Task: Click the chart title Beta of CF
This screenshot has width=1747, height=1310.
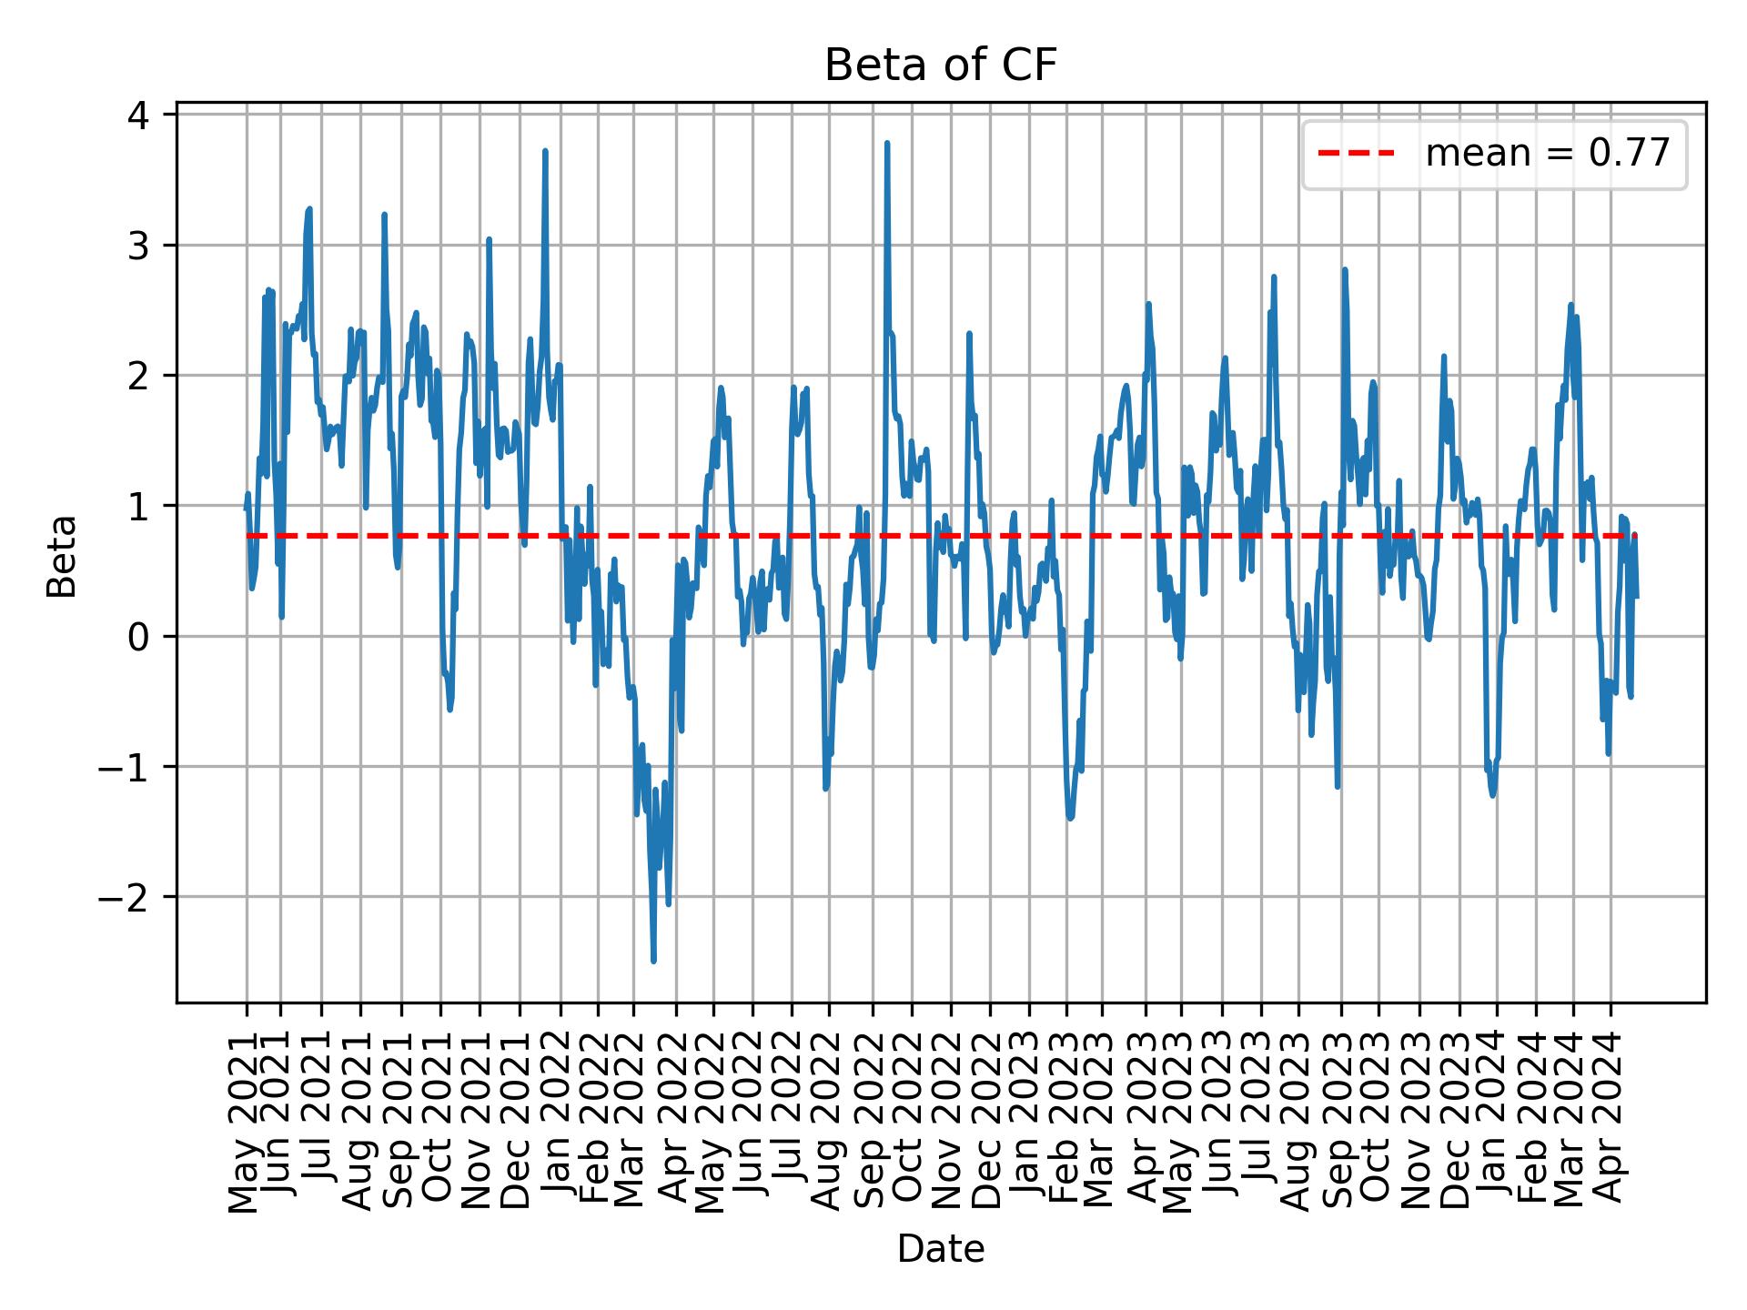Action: pos(940,65)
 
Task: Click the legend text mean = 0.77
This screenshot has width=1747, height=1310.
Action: pos(1547,154)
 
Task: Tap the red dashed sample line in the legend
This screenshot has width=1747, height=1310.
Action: pos(1356,154)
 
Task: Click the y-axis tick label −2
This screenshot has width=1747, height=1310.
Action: pos(133,897)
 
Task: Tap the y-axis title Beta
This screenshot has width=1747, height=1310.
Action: pos(62,556)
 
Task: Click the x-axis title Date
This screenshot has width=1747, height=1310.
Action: pos(940,1250)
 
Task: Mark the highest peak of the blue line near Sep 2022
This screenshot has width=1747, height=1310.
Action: pos(886,143)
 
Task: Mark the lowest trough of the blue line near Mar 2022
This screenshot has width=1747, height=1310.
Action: pos(653,961)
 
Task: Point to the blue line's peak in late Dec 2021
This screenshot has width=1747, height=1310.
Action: pos(544,151)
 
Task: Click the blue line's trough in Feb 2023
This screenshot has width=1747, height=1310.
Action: pos(1070,818)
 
